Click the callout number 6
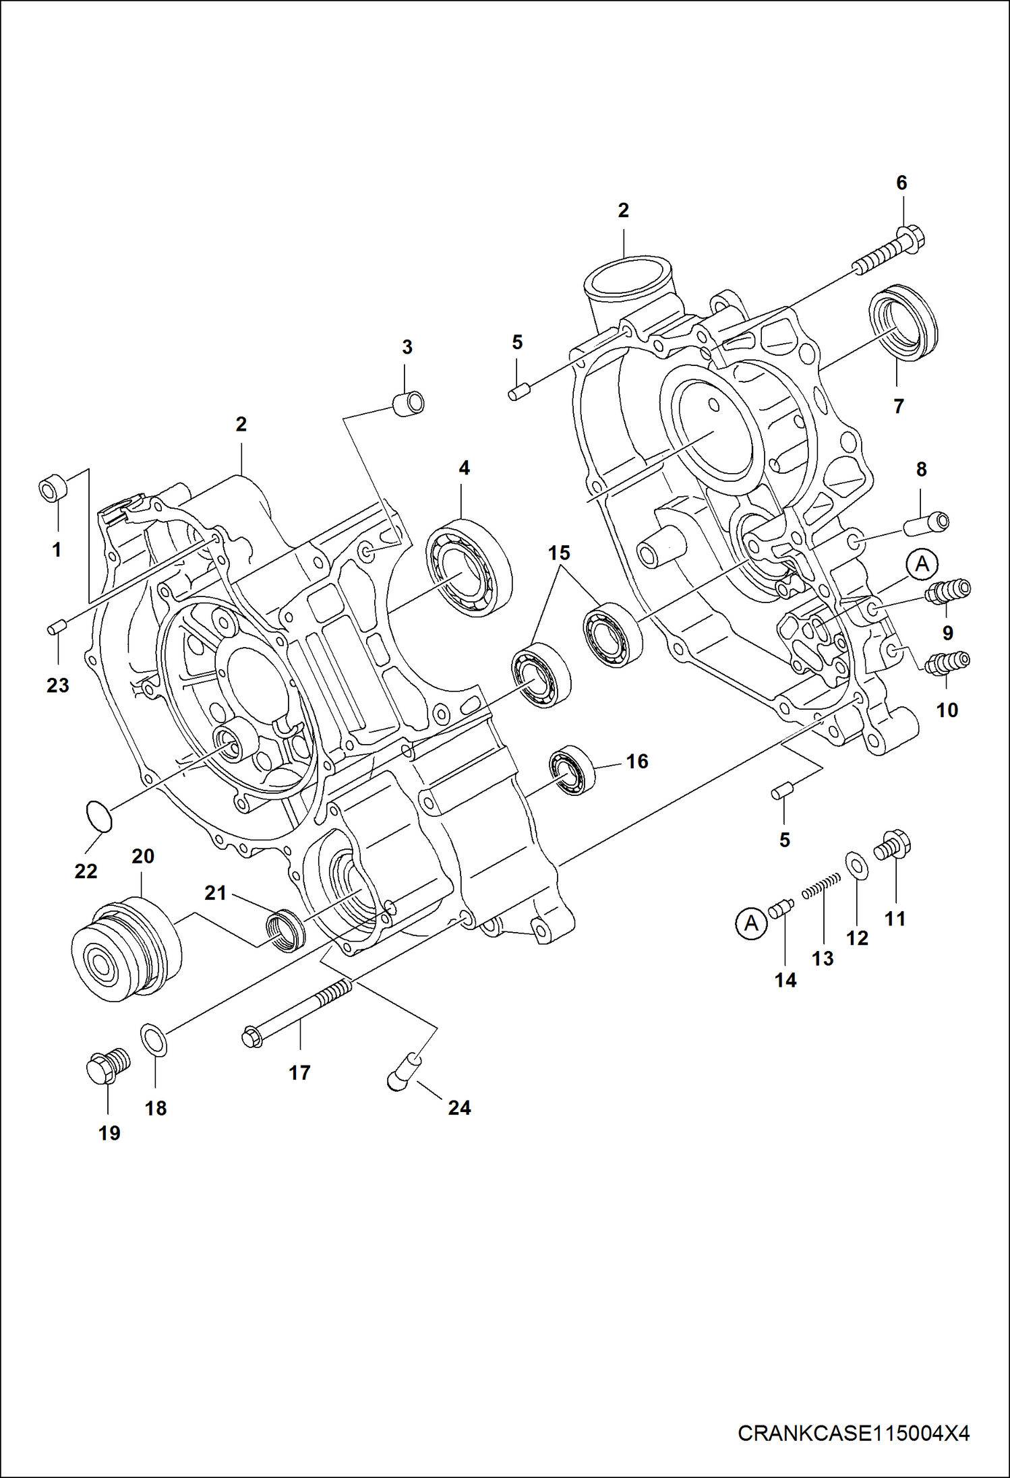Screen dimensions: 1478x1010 901,183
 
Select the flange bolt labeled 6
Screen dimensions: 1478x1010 891,252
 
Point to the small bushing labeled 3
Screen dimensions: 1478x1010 409,404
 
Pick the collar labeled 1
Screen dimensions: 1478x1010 53,487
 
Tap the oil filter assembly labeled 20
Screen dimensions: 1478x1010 125,949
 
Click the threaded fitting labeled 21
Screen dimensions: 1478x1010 285,929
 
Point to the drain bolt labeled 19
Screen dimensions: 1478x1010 108,1066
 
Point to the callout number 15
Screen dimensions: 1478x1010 559,553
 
